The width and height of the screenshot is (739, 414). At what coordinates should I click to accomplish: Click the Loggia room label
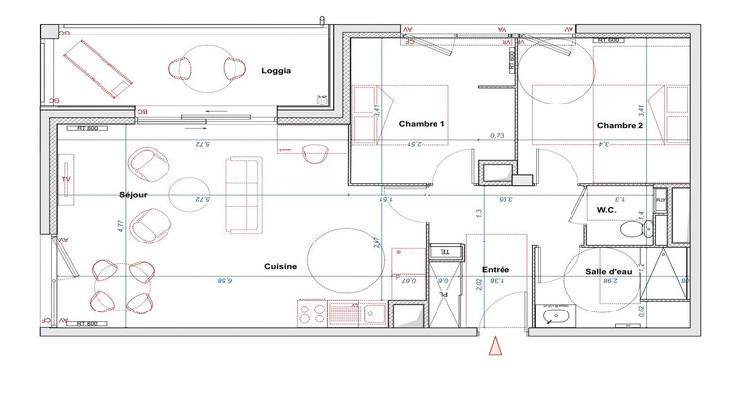[x=276, y=71]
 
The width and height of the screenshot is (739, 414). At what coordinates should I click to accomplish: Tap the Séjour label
[x=132, y=195]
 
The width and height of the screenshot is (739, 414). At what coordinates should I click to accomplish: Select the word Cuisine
[x=280, y=267]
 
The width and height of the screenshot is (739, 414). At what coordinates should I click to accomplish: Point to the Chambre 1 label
[x=422, y=125]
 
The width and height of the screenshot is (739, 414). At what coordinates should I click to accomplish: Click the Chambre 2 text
[x=620, y=126]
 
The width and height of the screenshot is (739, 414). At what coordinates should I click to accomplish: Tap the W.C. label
[x=607, y=211]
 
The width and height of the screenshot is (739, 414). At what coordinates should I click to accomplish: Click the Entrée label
[x=495, y=268]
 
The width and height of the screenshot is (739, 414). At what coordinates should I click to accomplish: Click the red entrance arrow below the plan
[x=496, y=345]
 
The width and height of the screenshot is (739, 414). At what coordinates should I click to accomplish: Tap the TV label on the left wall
[x=66, y=182]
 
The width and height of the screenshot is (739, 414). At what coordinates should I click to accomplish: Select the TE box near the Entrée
[x=444, y=252]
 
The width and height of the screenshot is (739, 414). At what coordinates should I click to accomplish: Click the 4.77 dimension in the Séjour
[x=119, y=226]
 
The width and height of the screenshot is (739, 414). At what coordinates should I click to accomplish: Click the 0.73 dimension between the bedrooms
[x=498, y=136]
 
